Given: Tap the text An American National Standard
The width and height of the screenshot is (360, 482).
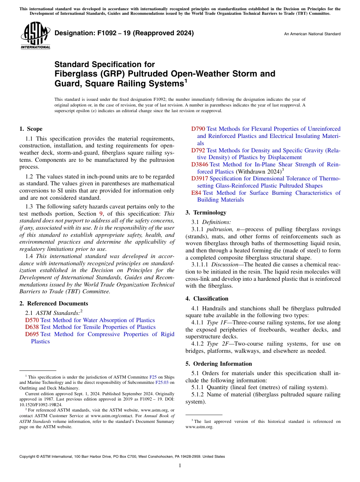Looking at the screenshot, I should (x=312, y=34).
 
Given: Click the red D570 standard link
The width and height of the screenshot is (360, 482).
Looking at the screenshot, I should (x=32, y=320).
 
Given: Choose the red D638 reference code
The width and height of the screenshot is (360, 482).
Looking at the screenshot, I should (x=32, y=327).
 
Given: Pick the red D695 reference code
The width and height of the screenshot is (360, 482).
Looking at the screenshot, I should (x=32, y=334).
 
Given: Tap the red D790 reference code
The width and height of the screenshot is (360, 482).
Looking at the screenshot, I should (x=198, y=129).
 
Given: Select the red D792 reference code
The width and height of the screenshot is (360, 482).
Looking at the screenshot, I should (x=198, y=150).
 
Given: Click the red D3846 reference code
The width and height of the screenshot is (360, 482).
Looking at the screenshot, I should (x=200, y=164).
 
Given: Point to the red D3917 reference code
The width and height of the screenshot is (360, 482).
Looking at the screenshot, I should (x=200, y=178).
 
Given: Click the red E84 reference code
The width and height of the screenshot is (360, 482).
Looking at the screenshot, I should (x=196, y=193).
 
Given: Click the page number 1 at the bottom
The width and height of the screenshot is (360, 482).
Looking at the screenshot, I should (x=180, y=466).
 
